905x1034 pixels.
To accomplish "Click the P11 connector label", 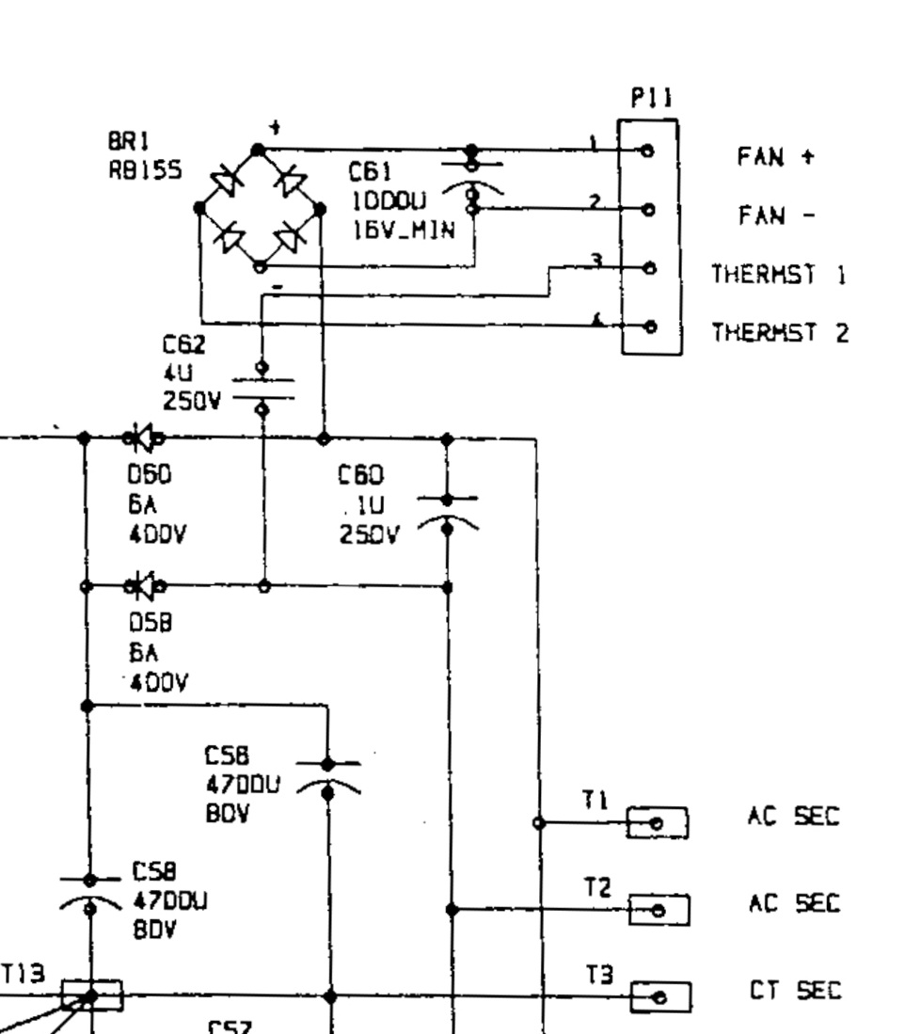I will pyautogui.click(x=651, y=100).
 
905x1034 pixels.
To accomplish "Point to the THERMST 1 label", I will pyautogui.click(x=779, y=275).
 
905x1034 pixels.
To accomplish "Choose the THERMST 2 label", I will pyautogui.click(x=779, y=332).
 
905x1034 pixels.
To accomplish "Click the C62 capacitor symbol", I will pyautogui.click(x=262, y=388).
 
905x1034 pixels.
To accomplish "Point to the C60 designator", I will pyautogui.click(x=361, y=476).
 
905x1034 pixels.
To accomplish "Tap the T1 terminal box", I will pyautogui.click(x=658, y=822).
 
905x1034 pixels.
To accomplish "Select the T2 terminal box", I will pyautogui.click(x=659, y=910).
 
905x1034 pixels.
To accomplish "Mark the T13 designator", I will pyautogui.click(x=21, y=975).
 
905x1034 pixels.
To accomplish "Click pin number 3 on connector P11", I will pyautogui.click(x=595, y=259).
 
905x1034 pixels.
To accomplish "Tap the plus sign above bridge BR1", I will pyautogui.click(x=275, y=128).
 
